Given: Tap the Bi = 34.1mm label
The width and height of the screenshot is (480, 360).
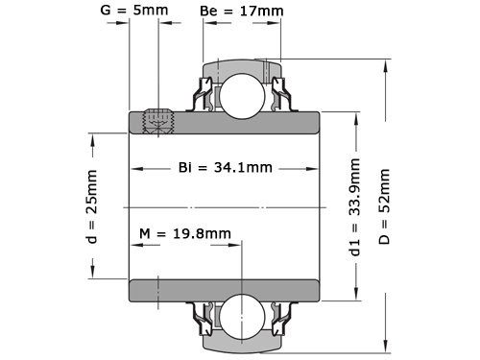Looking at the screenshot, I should (x=226, y=168).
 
